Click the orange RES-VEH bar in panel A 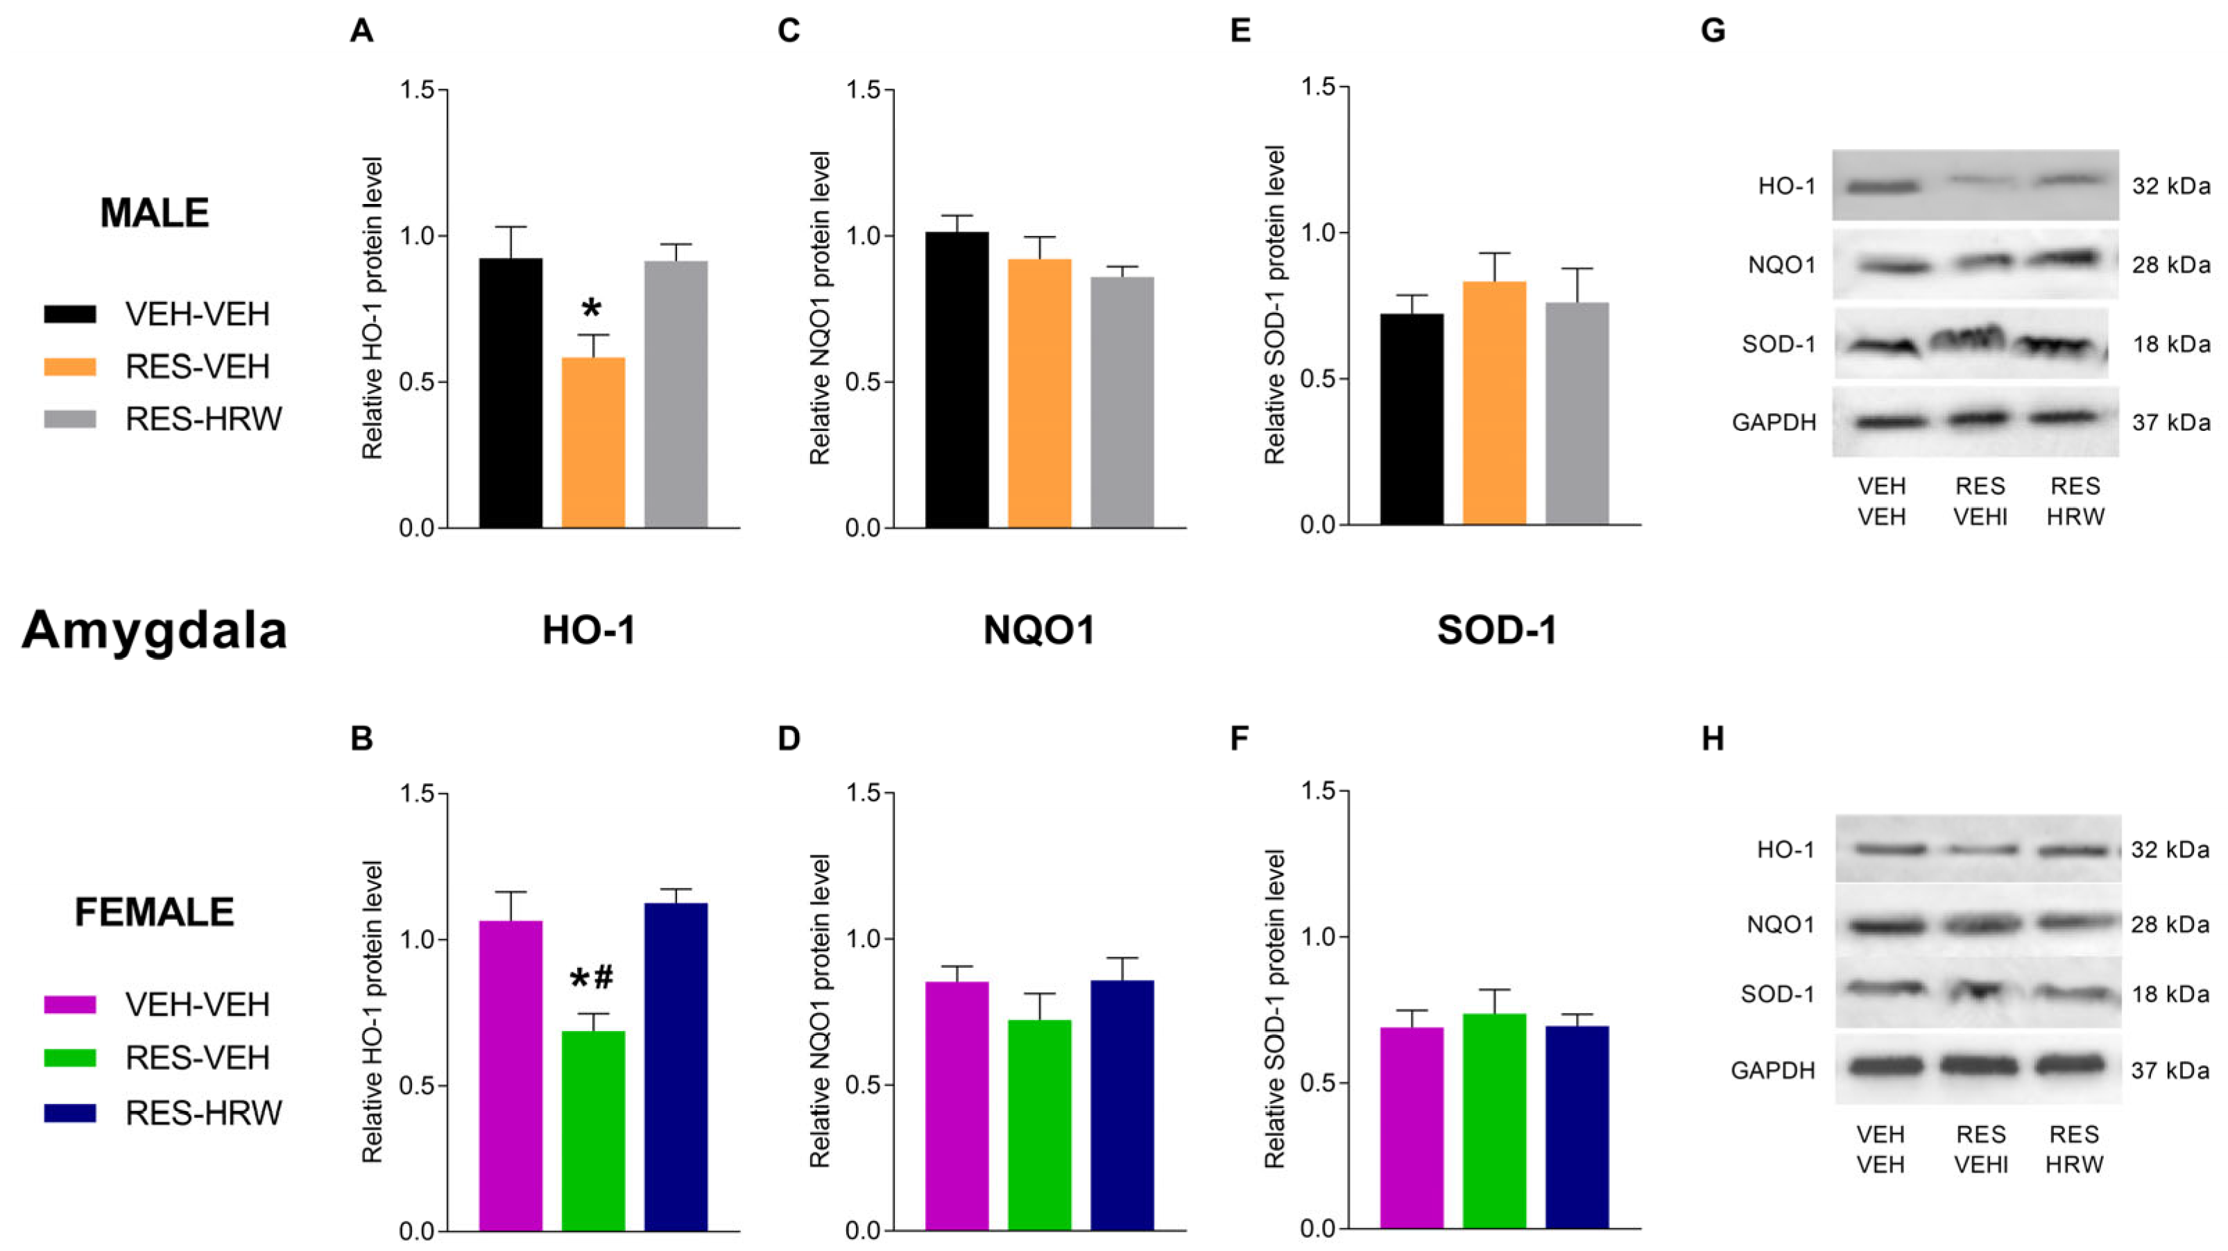tap(593, 442)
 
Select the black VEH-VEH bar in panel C tap(957, 380)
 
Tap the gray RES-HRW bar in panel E tap(1577, 414)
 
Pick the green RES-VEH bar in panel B tap(593, 1131)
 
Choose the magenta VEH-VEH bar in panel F tap(1412, 1127)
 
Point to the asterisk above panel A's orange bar tap(592, 309)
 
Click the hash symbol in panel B tap(603, 978)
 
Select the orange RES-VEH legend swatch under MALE tap(70, 366)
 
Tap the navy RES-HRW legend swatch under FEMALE tap(70, 1112)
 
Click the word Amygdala tap(154, 630)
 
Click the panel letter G tap(1713, 31)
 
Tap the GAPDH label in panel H tap(1773, 1070)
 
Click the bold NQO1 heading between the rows tap(1039, 630)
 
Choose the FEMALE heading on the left tap(154, 912)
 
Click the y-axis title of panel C tap(819, 308)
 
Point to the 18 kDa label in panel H tap(2170, 994)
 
